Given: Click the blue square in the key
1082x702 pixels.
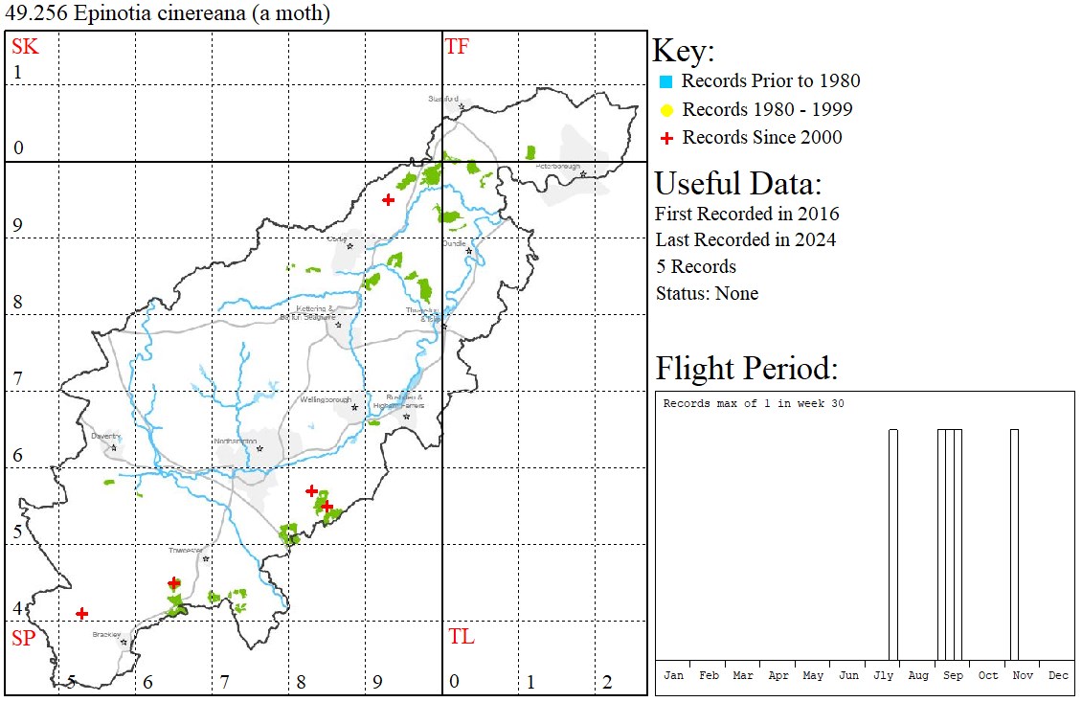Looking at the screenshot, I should (x=666, y=81).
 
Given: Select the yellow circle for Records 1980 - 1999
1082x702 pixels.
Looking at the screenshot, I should (x=666, y=109).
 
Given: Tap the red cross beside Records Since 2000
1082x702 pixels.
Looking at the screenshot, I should (x=666, y=138).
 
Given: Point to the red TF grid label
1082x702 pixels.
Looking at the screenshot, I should (x=458, y=46).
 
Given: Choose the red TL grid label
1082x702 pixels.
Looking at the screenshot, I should (x=461, y=637).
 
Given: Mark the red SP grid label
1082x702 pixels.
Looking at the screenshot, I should (x=23, y=638).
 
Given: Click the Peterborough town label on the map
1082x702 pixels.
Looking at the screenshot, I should (x=558, y=167).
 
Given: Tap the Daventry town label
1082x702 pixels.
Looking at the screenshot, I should (x=104, y=436).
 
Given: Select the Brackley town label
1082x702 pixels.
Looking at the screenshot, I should (x=106, y=635).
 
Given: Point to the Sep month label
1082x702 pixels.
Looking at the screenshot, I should (x=953, y=675).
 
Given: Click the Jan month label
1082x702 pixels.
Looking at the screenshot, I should (x=673, y=675).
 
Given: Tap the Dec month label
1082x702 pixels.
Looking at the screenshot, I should (x=1058, y=675).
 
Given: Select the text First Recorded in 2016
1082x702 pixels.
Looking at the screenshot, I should (x=747, y=214).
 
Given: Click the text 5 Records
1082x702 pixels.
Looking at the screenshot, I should (x=696, y=266).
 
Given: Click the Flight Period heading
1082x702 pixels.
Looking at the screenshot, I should (x=746, y=369).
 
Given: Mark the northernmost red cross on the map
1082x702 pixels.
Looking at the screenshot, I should (x=388, y=199).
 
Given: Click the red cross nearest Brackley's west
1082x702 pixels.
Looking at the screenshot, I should (x=82, y=613).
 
